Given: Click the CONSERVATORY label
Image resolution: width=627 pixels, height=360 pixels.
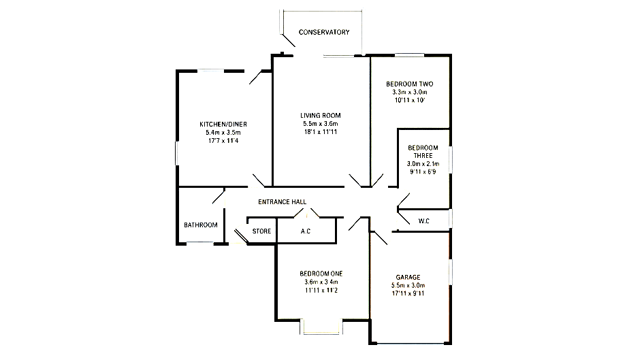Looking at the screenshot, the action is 324,32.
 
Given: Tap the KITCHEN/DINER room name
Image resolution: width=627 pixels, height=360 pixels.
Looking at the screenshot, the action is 223,125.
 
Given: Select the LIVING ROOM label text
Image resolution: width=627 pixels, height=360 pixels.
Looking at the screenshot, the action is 320,116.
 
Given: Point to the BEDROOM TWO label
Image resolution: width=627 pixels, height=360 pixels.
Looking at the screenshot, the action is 409,84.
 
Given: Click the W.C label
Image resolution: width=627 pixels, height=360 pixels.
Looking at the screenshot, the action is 424,221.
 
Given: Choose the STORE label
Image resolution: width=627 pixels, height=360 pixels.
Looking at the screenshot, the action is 261,231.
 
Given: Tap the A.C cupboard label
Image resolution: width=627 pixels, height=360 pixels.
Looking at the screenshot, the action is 306,231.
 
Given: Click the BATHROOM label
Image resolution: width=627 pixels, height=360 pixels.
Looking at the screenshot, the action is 201,225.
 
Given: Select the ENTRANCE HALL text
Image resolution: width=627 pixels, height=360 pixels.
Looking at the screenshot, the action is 283,201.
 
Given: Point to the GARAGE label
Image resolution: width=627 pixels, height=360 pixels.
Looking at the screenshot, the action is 408,277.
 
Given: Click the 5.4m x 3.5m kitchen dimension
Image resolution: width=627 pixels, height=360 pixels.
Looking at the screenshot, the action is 223,133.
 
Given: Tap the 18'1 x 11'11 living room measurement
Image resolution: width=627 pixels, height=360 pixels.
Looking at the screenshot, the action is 320,132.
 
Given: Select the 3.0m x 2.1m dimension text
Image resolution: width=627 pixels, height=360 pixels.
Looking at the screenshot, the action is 423,164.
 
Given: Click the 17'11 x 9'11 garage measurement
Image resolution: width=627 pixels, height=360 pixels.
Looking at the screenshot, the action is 408,294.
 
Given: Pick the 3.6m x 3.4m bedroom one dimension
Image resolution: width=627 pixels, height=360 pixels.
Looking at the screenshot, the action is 321,282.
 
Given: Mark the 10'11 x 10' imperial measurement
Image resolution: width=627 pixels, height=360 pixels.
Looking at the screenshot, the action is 409,100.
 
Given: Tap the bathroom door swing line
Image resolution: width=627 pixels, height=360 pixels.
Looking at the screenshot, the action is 219,197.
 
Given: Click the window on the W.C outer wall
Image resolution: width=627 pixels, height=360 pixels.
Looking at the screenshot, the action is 451,218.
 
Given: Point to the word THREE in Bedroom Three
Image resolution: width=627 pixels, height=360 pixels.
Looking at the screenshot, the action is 423,155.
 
